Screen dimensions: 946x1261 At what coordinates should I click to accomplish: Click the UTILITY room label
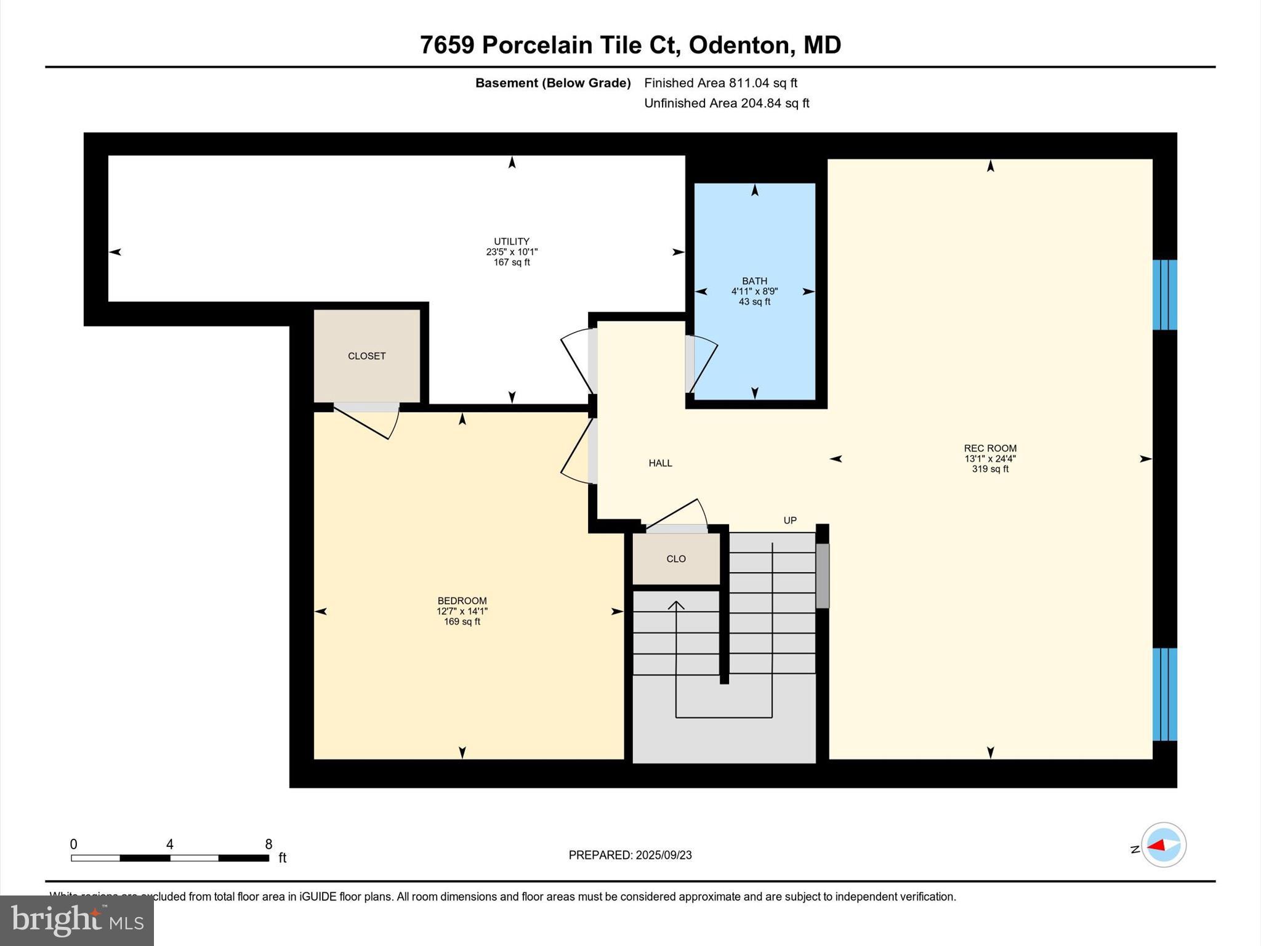click(x=511, y=241)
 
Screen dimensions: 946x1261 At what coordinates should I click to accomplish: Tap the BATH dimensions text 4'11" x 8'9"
click(x=754, y=291)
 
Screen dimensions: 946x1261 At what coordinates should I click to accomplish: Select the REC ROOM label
click(x=989, y=448)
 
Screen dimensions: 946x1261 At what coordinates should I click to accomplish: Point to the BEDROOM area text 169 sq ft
click(x=462, y=622)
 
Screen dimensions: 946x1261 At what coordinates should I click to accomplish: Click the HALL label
click(x=660, y=463)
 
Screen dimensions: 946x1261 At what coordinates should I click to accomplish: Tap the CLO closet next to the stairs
click(x=676, y=559)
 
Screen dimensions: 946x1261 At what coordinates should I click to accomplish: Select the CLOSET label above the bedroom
click(x=366, y=356)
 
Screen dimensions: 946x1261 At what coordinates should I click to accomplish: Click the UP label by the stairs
click(x=790, y=520)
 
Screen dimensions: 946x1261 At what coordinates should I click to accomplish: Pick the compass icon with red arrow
click(x=1163, y=845)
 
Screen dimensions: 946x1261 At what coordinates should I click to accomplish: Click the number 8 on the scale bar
click(x=268, y=844)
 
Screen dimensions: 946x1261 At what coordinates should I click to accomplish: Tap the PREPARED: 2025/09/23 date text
click(x=630, y=855)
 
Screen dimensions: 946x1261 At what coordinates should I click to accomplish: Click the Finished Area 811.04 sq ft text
click(x=720, y=83)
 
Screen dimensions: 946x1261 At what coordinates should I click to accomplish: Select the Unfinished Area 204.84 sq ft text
click(x=727, y=103)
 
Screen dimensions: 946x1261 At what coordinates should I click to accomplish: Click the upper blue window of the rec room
click(x=1164, y=294)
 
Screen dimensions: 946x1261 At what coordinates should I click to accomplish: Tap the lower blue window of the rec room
click(x=1164, y=693)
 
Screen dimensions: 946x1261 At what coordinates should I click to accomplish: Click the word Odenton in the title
click(x=738, y=45)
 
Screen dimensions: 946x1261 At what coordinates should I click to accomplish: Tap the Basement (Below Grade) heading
click(x=552, y=83)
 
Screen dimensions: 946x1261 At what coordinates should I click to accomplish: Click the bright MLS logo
click(x=77, y=921)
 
